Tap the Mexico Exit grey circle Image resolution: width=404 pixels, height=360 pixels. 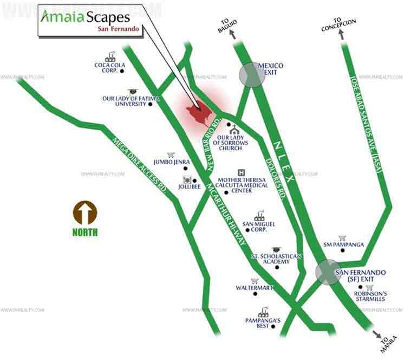[x=252, y=75]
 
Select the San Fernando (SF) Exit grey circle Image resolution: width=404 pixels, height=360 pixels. [x=329, y=272]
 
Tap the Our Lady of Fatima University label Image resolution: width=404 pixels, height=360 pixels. [x=125, y=101]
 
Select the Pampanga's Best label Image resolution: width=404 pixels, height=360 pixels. [x=263, y=323]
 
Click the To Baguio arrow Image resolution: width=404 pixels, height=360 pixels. [x=234, y=35]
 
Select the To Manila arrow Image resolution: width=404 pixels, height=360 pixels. [x=376, y=336]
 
